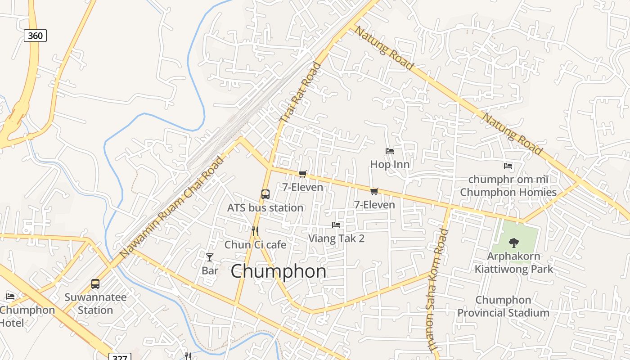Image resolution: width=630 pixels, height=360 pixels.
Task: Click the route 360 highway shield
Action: pos(35,36)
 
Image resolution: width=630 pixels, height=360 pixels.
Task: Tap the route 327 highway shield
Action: pos(120,357)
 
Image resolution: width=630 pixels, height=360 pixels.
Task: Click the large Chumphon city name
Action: pos(279,271)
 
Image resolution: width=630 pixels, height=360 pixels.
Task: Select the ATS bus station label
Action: pos(265,207)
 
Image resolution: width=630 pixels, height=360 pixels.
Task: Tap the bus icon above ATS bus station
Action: pos(265,194)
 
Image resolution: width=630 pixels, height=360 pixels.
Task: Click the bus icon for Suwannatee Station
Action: pos(95,283)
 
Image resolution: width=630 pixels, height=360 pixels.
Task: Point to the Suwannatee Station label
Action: pos(95,304)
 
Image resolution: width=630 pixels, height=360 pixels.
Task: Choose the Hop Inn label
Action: pos(390,164)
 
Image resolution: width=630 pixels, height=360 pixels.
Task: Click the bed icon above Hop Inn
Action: pos(390,151)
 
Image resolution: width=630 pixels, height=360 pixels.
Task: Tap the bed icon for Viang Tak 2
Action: pos(336,225)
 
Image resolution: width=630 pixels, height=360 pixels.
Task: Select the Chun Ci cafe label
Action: pos(255,244)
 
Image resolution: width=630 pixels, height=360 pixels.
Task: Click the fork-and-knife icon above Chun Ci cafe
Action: pos(255,231)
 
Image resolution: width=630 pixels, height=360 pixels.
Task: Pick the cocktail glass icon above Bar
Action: pos(210,257)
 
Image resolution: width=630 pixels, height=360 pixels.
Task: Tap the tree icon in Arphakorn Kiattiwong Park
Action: pos(513,243)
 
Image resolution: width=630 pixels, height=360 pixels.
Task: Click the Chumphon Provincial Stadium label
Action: pos(503,306)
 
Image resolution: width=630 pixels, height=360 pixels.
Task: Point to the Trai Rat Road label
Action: pos(301,93)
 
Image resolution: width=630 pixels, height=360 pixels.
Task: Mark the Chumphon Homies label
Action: pos(508,192)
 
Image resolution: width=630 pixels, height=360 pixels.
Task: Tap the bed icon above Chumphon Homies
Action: pos(508,166)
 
